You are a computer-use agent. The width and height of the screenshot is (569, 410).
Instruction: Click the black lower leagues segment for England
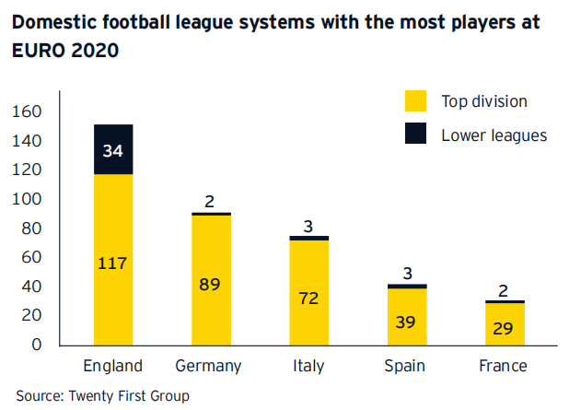point(113,149)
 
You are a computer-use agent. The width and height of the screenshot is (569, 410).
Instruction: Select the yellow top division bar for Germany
point(210,276)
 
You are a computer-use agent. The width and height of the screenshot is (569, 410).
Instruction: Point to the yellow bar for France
point(503,324)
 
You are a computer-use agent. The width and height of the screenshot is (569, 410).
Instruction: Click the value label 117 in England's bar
point(113,263)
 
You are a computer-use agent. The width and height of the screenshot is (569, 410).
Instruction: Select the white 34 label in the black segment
point(113,150)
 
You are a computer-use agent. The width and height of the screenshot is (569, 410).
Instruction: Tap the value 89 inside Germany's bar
point(211,283)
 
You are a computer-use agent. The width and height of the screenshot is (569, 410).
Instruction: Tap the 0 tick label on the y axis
point(38,345)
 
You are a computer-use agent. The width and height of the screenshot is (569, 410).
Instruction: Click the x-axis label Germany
point(210,366)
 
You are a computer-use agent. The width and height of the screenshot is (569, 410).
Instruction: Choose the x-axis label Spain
point(405,366)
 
